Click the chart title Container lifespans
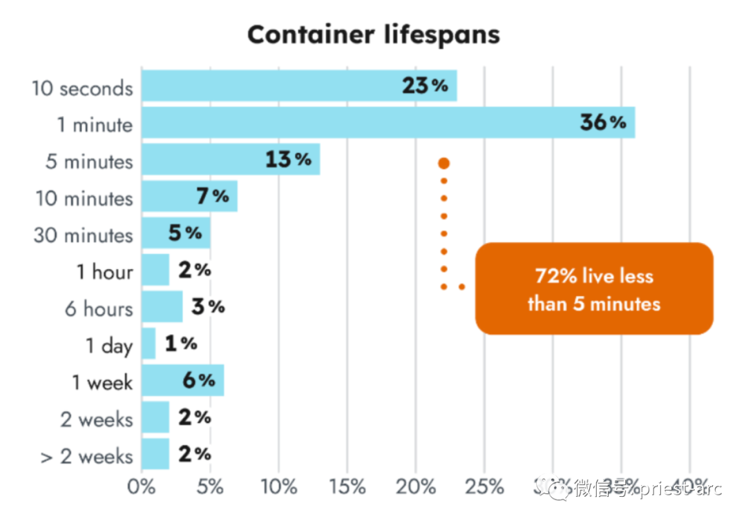pyautogui.click(x=373, y=34)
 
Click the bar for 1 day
pyautogui.click(x=149, y=344)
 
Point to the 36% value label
pyautogui.click(x=602, y=123)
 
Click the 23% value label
pyautogui.click(x=425, y=86)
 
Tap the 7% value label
pyautogui.click(x=212, y=197)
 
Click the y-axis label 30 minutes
pyautogui.click(x=83, y=235)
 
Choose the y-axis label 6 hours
pyautogui.click(x=98, y=308)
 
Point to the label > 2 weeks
pyautogui.click(x=86, y=456)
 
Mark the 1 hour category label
pyautogui.click(x=104, y=272)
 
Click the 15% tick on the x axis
pyautogui.click(x=347, y=487)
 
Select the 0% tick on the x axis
pyautogui.click(x=142, y=487)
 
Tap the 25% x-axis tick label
pyautogui.click(x=485, y=487)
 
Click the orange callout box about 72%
pyautogui.click(x=594, y=288)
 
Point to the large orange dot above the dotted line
pyautogui.click(x=443, y=164)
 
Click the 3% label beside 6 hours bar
pyautogui.click(x=208, y=307)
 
